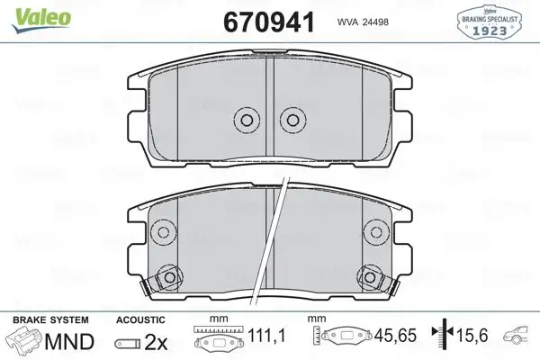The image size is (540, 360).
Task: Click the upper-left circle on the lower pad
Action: click(163, 232)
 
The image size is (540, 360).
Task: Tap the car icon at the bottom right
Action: click(520, 337)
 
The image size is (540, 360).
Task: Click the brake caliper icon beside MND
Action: click(24, 340)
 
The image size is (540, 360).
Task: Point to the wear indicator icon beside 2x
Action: click(127, 341)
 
